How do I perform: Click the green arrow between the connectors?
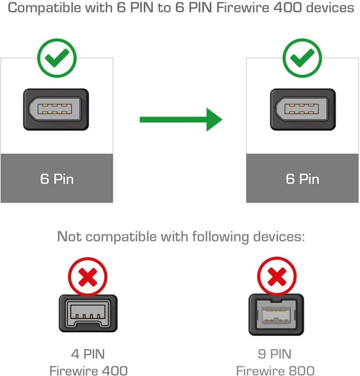(181, 119)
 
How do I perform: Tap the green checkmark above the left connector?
(57, 58)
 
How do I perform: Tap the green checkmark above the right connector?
(303, 58)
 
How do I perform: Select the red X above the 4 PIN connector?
(88, 277)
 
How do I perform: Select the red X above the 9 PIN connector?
(277, 277)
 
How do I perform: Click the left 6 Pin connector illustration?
(56, 110)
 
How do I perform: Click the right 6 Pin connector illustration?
(303, 110)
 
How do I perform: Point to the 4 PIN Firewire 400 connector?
(88, 313)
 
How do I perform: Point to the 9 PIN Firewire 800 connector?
(276, 314)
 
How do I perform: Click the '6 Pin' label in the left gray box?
(57, 179)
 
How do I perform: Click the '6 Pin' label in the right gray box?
(303, 179)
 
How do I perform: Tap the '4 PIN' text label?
(88, 354)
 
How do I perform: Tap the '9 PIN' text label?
(274, 354)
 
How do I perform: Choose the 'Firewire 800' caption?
(275, 370)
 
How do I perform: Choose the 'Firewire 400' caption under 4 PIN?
(88, 370)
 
